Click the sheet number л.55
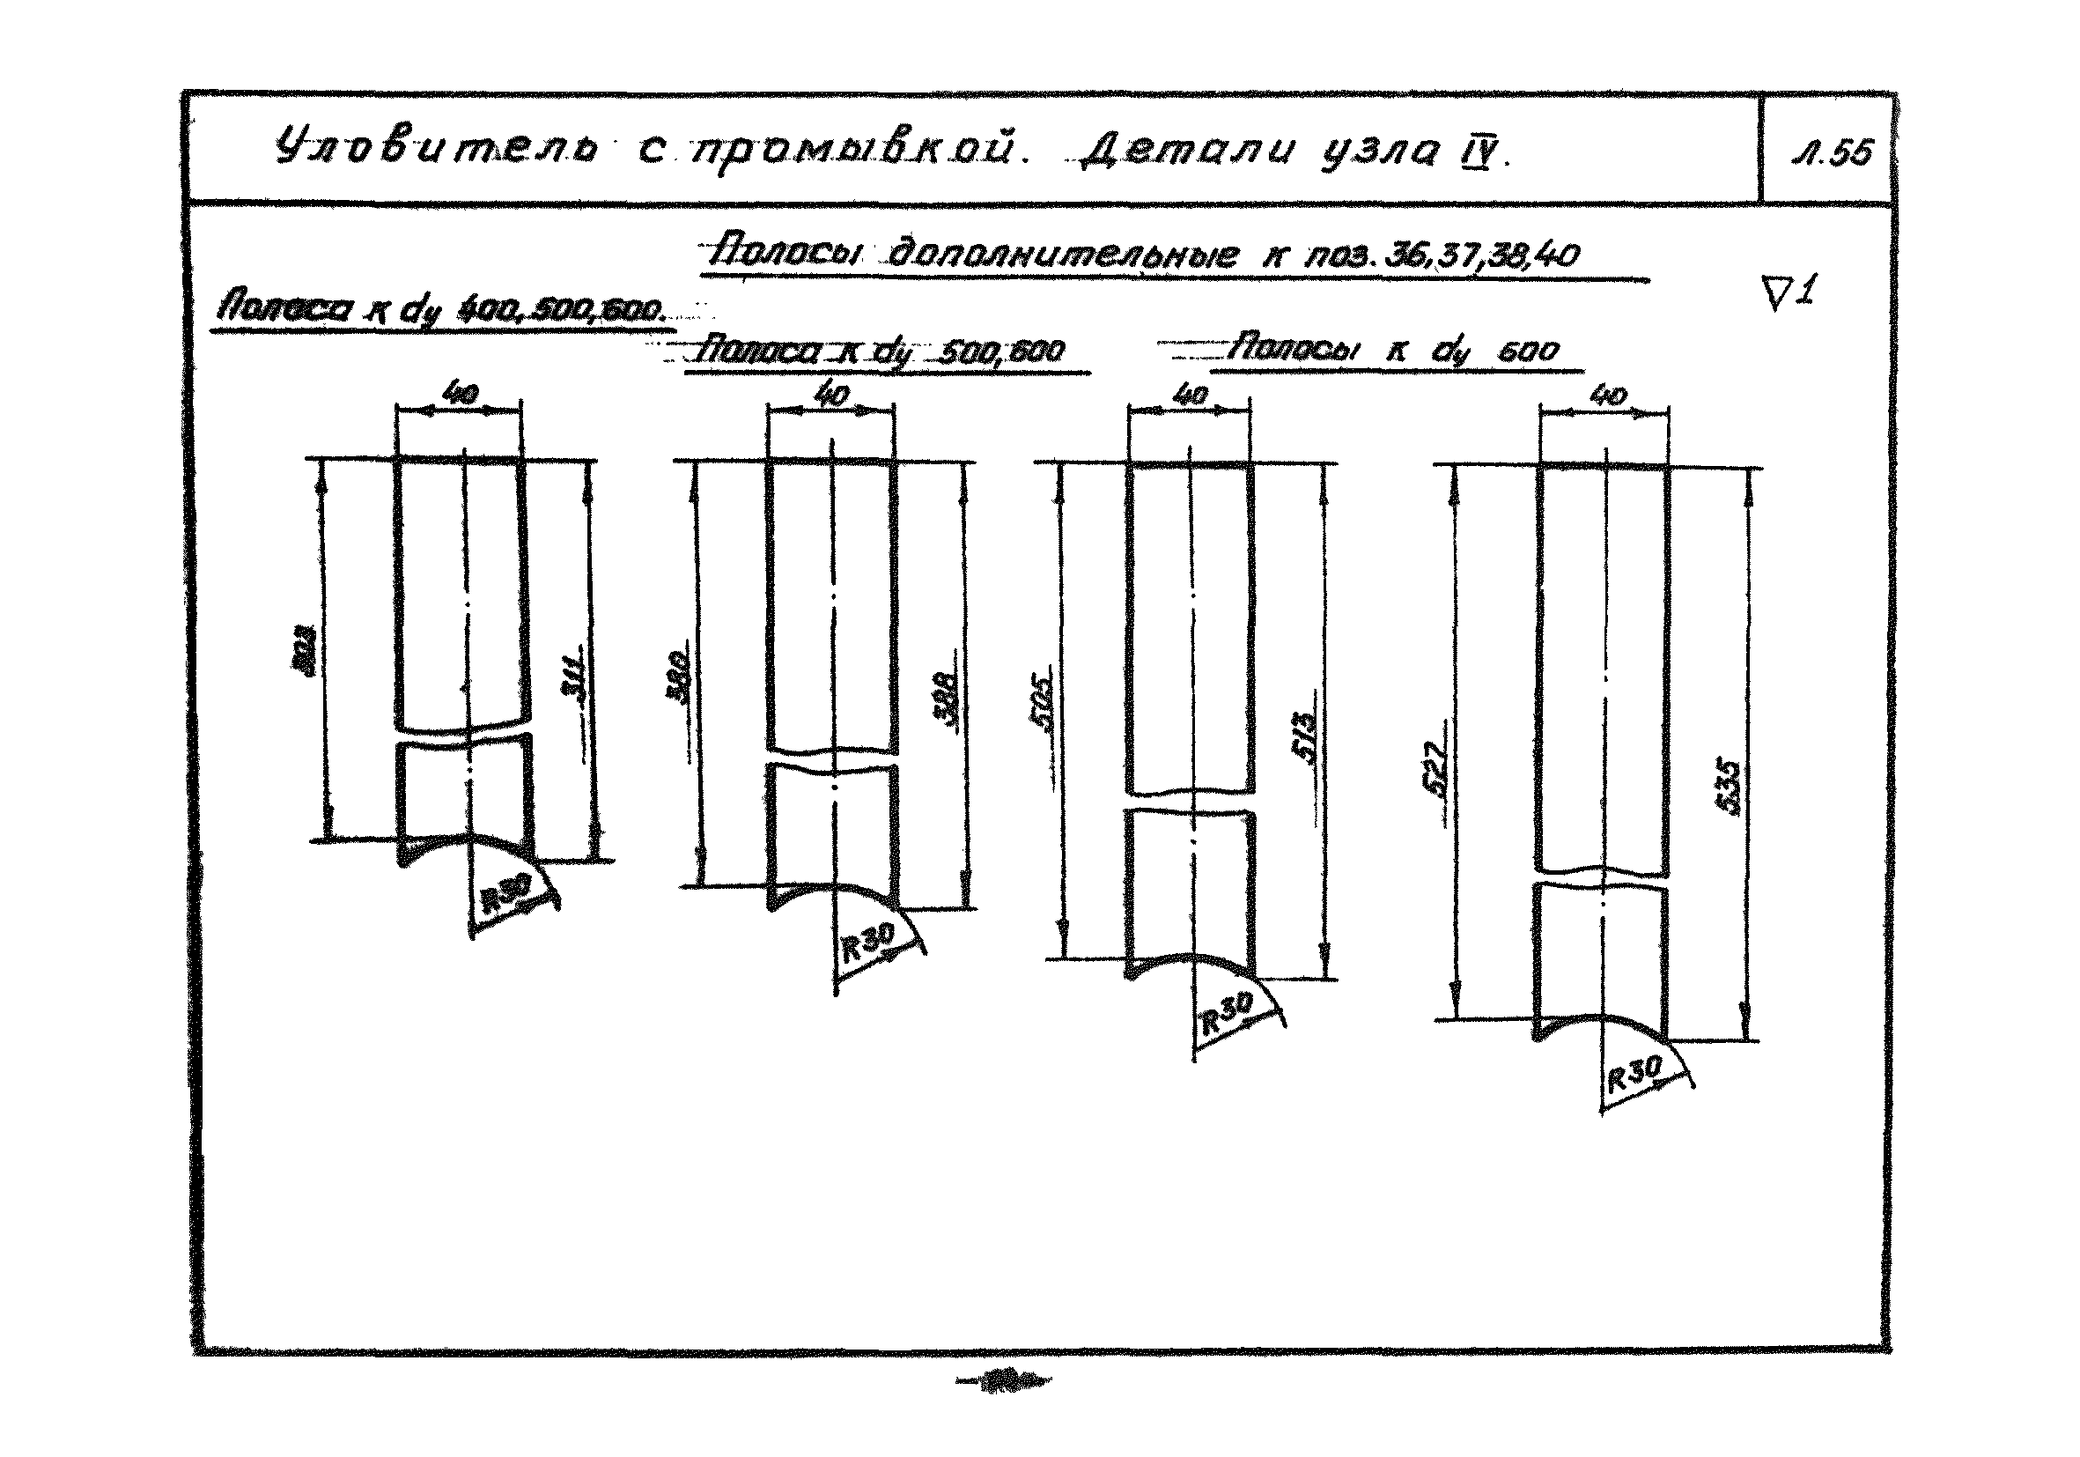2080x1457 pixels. pyautogui.click(x=1832, y=153)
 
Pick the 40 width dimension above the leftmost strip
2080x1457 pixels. pyautogui.click(x=461, y=395)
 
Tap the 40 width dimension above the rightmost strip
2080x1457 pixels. pyautogui.click(x=1608, y=396)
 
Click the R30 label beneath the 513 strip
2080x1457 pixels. pyautogui.click(x=1227, y=1016)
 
